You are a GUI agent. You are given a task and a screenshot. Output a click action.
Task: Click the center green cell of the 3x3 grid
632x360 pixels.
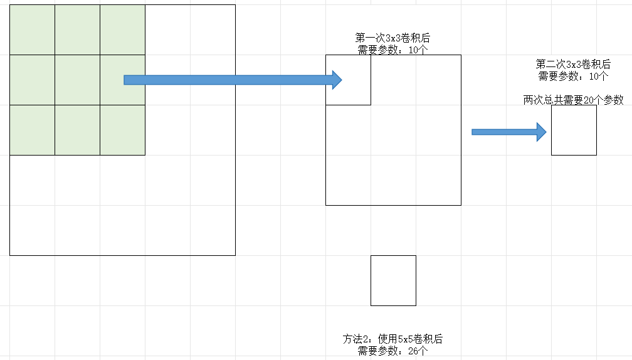(77, 80)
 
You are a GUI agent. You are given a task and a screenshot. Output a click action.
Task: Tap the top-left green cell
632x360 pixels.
(32, 29)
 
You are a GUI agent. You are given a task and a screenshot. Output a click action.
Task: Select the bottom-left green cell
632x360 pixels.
(32, 130)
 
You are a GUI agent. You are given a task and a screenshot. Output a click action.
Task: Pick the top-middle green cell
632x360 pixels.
(77, 29)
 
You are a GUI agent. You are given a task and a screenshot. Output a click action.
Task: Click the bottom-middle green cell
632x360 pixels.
(77, 130)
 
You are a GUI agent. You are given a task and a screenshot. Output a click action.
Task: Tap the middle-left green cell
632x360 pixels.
(32, 80)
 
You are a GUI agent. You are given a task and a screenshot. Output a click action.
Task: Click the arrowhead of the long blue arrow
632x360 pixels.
(337, 80)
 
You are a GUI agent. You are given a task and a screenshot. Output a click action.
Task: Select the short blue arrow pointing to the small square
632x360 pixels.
(508, 132)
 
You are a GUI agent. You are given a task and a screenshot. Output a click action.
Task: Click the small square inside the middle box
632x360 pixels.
(348, 80)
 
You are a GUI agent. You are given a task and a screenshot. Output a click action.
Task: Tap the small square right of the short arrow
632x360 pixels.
(574, 130)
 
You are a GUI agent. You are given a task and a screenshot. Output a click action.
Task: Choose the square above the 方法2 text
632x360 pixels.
(393, 280)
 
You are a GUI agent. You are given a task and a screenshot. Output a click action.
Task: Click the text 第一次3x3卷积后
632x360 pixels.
(392, 38)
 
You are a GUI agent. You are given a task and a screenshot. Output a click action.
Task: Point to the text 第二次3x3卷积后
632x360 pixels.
(573, 64)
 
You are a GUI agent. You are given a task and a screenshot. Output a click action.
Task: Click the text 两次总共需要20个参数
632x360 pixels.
(573, 100)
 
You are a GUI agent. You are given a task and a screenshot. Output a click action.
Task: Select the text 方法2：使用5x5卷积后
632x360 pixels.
(392, 339)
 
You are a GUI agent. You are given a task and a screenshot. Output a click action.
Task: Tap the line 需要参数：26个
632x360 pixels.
(392, 351)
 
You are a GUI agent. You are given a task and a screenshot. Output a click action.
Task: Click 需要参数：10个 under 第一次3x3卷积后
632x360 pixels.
(392, 50)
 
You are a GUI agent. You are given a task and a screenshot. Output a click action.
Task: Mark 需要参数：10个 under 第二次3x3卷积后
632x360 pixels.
(573, 76)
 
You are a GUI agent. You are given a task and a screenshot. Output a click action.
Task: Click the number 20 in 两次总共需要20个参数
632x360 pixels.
(588, 100)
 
